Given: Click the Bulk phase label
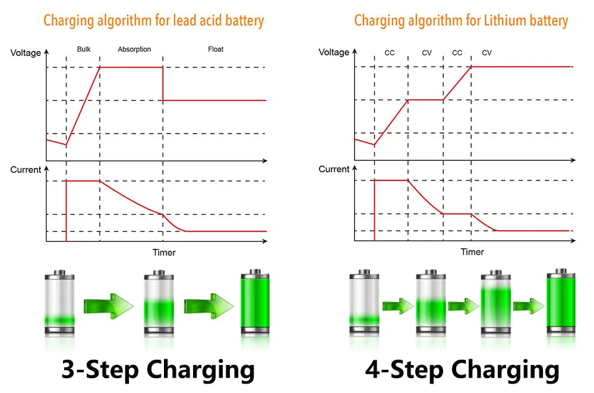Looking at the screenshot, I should (84, 49).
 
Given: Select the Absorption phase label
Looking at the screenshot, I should (134, 49).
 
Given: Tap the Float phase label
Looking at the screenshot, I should (216, 49).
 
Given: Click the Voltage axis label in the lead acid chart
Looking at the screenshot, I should (26, 53).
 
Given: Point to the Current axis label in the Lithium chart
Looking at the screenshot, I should (334, 169).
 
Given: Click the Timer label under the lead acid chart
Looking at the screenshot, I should (164, 252).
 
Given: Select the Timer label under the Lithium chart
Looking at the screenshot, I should (472, 252).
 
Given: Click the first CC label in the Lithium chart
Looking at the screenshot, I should (390, 53).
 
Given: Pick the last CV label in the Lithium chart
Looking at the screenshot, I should (487, 53).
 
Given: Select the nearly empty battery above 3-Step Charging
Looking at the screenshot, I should (60, 303).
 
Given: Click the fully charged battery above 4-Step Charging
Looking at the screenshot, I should (561, 303).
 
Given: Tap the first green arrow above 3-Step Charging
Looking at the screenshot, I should (109, 306).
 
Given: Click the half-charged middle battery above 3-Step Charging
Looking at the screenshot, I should (158, 303).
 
